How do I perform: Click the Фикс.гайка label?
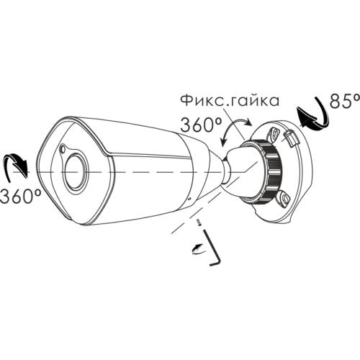[230, 101]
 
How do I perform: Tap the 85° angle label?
[345, 101]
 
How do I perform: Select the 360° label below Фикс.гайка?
[201, 125]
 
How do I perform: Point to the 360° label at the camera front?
[20, 196]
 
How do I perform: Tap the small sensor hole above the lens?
[63, 149]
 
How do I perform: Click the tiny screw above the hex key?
[199, 222]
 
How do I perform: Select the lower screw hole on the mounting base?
[284, 198]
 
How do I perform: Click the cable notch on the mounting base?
[291, 138]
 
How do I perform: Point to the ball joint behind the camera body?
[225, 171]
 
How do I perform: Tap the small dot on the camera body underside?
[189, 199]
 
